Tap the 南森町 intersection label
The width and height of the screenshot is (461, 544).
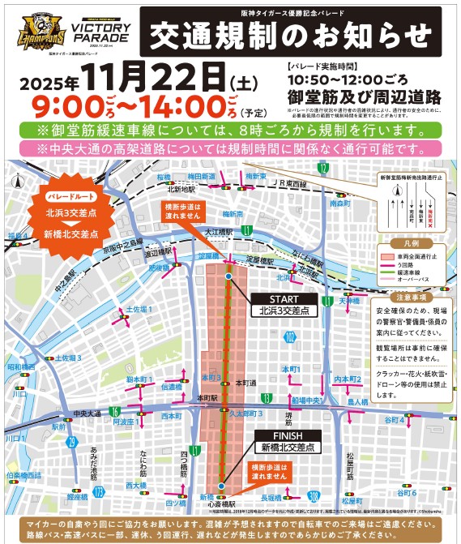(x=339, y=205)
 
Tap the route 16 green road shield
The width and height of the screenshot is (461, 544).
(x=116, y=411)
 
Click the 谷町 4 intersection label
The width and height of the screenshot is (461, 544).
(x=394, y=419)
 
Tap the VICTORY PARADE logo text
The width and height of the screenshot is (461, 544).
(x=96, y=31)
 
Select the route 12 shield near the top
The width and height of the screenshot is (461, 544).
(x=323, y=168)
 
